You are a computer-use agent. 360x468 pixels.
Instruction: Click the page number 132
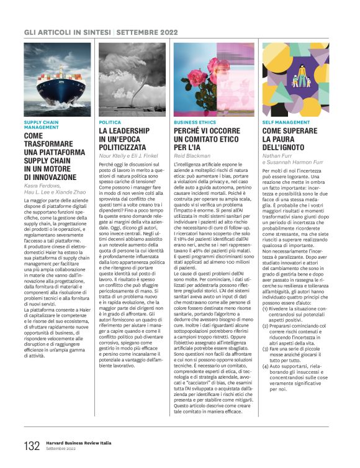coord(32,446)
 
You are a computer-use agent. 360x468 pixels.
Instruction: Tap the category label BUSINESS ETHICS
coord(194,123)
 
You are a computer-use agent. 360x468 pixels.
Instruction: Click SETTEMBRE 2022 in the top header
coord(144,32)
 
